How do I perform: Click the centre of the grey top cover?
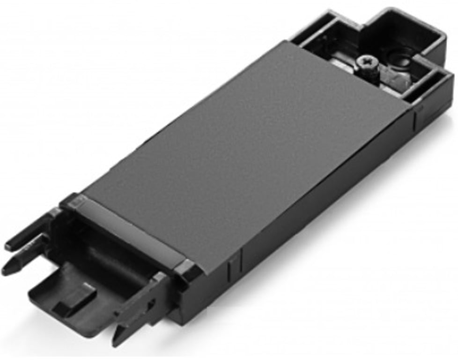[x=244, y=150]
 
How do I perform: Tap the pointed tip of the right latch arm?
[x=117, y=342]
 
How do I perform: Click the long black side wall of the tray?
[x=328, y=197]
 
